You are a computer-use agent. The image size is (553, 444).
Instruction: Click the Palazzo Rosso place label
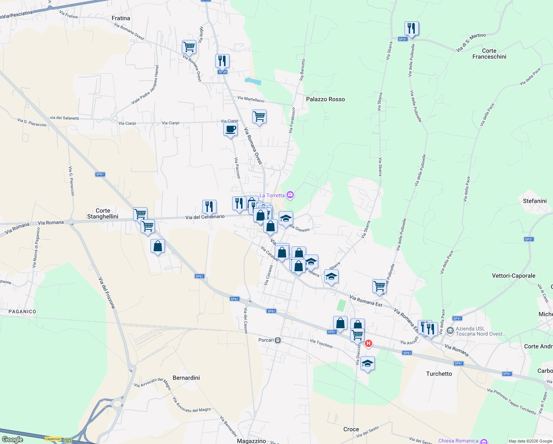point(325,99)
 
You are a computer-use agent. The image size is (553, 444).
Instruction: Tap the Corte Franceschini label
point(489,54)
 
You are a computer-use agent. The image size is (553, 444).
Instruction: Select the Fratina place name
point(121,18)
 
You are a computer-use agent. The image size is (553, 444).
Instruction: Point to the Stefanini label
point(535,201)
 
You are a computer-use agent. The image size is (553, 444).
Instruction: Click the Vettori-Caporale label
point(513,276)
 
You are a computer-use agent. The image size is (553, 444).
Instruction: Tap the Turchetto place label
point(439,374)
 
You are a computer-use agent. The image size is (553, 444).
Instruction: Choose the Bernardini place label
point(186,378)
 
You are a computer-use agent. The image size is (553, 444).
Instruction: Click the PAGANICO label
point(22,312)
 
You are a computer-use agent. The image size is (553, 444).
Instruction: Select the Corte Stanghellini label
point(102,213)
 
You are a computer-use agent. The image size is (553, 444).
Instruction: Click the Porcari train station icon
point(278,340)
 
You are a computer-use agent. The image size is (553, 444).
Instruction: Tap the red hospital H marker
point(368,343)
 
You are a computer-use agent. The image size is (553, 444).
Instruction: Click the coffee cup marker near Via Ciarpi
point(230,129)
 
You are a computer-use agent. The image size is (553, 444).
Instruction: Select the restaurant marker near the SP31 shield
point(411,28)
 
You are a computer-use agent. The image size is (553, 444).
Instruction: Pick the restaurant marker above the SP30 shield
point(222,61)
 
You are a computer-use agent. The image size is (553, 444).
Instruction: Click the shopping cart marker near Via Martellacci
point(259,117)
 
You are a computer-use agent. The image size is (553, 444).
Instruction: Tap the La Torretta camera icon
point(290,195)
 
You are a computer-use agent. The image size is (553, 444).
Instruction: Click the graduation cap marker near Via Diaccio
point(367,363)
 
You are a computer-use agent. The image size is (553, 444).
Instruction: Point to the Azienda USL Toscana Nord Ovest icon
point(450,331)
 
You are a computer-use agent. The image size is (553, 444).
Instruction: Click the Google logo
point(13,440)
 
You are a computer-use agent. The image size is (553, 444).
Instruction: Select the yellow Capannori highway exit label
point(53,439)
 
